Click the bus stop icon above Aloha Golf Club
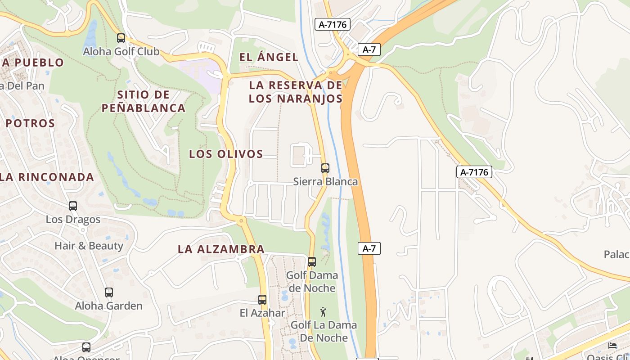(121, 38)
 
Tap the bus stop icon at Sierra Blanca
(325, 168)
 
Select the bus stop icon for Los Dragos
(73, 206)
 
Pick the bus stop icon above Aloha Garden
(108, 292)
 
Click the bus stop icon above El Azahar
(262, 300)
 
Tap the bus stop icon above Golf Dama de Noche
(311, 261)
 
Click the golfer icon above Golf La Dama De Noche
(323, 311)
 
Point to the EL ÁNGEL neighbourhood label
(269, 57)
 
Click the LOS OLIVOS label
(226, 154)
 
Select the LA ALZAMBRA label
(221, 249)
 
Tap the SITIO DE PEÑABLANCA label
(144, 101)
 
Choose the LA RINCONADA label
(47, 177)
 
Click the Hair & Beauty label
(89, 246)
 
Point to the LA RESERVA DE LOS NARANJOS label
(296, 92)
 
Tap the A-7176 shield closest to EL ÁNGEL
(333, 24)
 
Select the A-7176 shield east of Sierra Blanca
(474, 172)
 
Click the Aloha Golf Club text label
(121, 51)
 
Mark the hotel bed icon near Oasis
(612, 345)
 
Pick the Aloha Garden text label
(108, 306)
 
